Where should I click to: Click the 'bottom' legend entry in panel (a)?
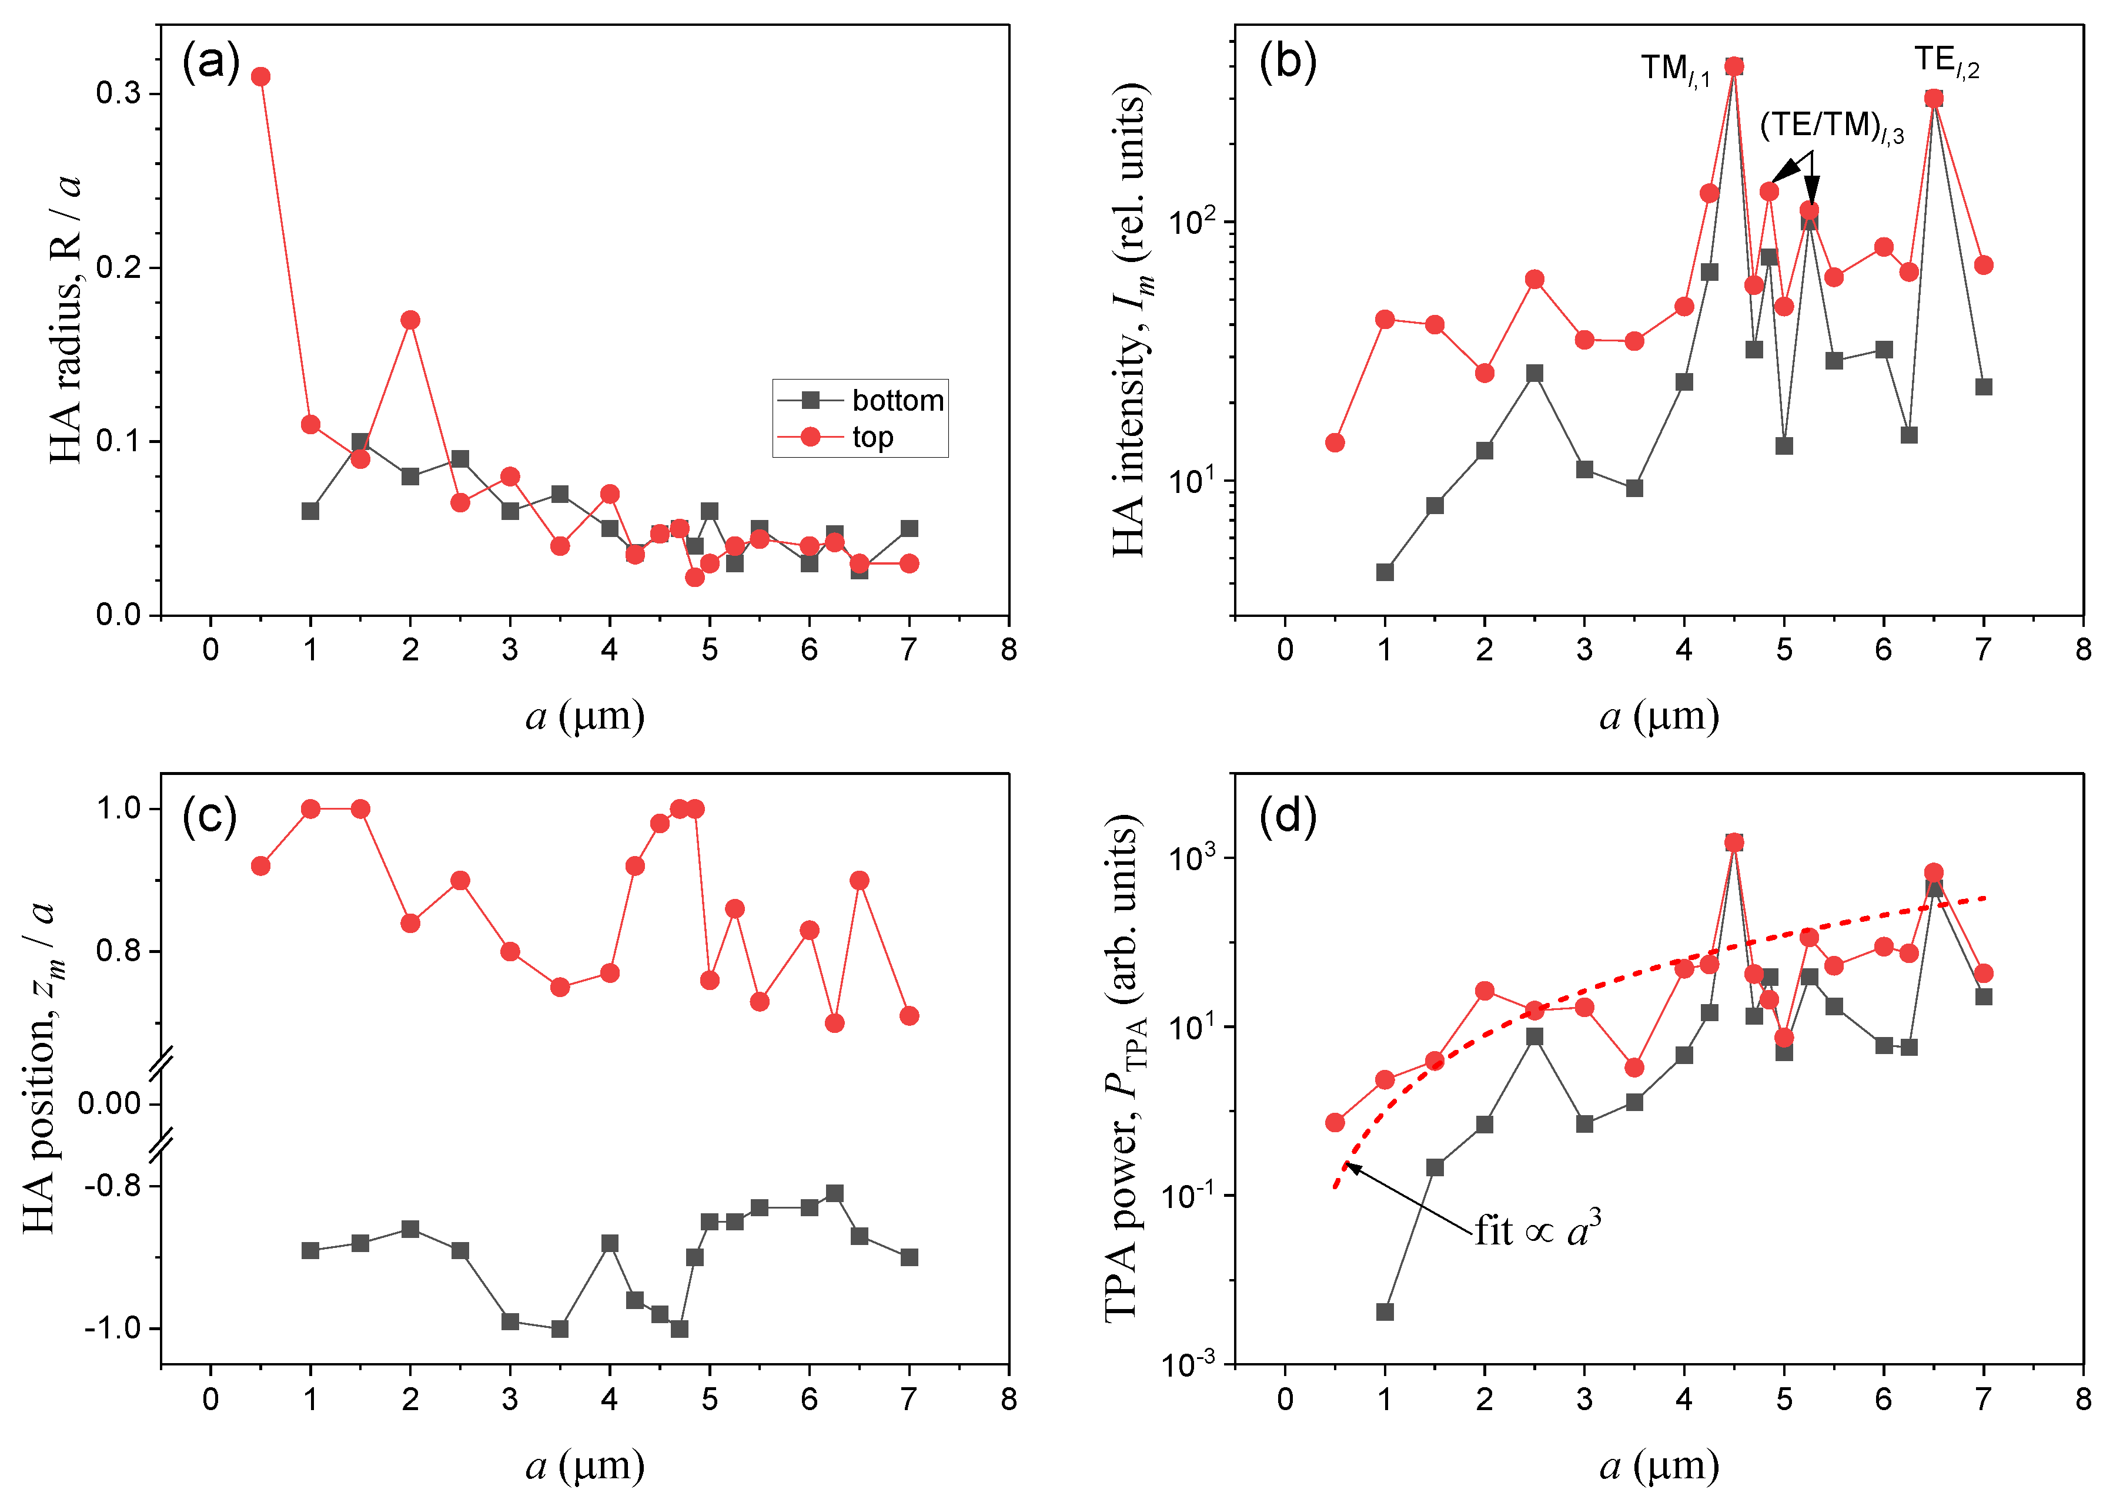pos(896,400)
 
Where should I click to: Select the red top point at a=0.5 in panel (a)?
pos(260,76)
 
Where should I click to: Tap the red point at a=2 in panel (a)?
pos(410,320)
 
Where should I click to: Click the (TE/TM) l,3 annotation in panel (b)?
pos(1830,127)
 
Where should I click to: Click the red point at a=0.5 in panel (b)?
pos(1334,442)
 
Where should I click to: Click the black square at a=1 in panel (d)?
pos(1384,1311)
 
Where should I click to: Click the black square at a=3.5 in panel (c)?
pos(559,1328)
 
